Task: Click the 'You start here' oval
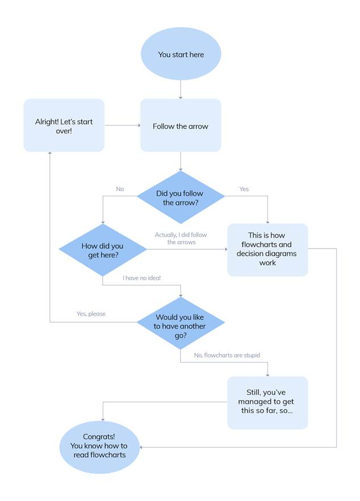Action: coord(181,54)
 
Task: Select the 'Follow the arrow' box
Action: coord(181,126)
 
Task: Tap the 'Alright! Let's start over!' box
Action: coord(64,126)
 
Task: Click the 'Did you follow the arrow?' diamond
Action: coord(181,197)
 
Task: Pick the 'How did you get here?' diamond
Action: coord(102,250)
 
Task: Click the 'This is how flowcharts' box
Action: coord(267,250)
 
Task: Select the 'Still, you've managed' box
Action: coord(267,402)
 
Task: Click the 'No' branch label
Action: coord(120,189)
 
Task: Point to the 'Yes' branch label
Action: coord(244,189)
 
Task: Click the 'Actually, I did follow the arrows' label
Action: coord(181,238)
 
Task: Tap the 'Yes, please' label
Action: coord(91,314)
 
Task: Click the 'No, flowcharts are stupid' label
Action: coord(227,355)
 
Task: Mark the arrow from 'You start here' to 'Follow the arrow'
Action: coord(181,89)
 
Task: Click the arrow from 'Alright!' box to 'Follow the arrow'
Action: coord(122,126)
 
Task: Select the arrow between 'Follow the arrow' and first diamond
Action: coord(181,161)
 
